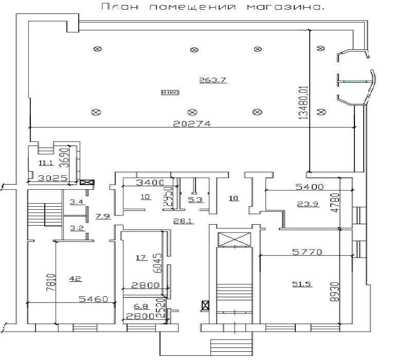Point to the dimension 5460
tap(94, 299)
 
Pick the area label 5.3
tap(194, 200)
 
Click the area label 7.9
tap(102, 215)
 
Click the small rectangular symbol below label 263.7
tap(170, 93)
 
